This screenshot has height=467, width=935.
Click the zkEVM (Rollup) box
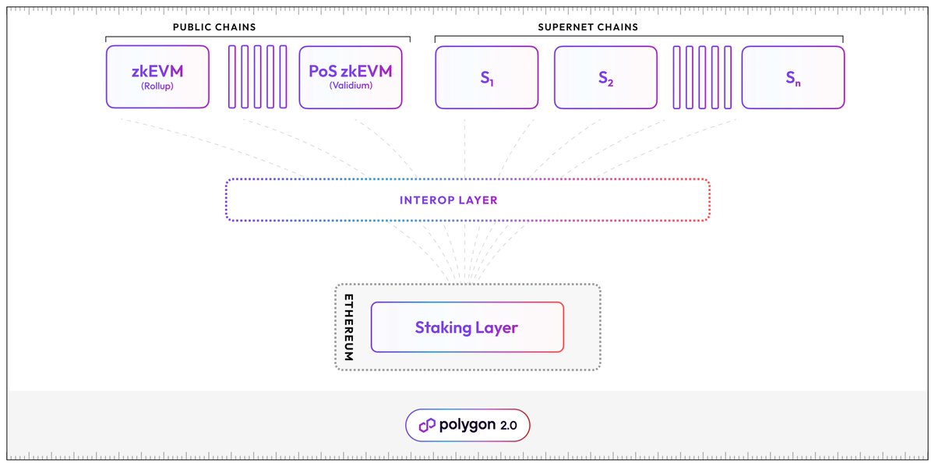point(157,76)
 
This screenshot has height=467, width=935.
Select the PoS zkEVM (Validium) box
point(351,76)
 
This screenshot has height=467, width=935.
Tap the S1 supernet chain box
point(487,76)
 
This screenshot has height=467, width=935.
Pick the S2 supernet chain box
point(605,76)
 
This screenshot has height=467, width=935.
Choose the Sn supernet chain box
point(792,76)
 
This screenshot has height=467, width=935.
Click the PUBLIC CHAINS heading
point(214,27)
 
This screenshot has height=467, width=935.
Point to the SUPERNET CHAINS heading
point(588,27)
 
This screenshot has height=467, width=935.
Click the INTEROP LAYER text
point(448,200)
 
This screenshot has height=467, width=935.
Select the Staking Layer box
point(466,327)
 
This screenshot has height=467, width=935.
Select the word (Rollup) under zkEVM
point(157,86)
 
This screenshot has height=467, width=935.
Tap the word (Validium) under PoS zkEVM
point(351,86)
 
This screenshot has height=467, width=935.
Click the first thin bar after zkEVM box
point(231,76)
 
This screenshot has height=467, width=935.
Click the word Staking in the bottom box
point(440,327)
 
